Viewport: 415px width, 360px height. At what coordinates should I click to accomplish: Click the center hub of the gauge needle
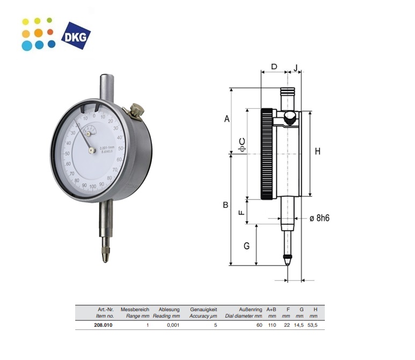[92, 150]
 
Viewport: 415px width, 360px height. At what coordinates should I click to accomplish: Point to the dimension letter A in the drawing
[227, 119]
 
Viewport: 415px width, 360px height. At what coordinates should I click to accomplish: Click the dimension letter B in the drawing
[226, 205]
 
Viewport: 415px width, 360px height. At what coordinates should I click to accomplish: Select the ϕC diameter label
[242, 144]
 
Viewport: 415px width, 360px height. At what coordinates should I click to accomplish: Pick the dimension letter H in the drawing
[317, 152]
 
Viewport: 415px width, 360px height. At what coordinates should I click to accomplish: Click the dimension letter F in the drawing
[242, 212]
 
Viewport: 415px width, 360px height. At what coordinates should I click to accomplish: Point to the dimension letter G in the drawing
[246, 246]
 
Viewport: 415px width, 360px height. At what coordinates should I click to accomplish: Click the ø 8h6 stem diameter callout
[319, 218]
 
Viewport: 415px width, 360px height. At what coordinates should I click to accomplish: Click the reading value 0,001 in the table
[172, 325]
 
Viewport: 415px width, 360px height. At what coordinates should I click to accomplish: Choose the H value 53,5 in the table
[313, 325]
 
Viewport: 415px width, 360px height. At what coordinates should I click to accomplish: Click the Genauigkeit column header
[203, 310]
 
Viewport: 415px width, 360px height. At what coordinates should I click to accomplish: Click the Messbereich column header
[135, 310]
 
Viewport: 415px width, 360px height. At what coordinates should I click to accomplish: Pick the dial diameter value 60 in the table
[259, 325]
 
